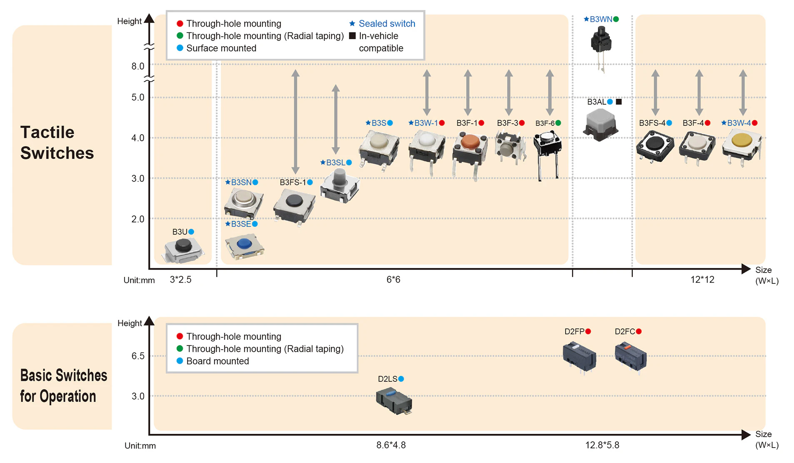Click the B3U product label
coord(180,232)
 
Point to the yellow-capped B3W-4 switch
coord(742,146)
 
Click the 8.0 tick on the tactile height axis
coord(138,66)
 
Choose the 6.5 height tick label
coord(138,356)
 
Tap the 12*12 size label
coord(702,280)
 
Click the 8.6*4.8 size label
coord(391,445)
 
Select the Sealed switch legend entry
coord(382,24)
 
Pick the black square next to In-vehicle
coord(352,36)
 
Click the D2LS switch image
coord(394,401)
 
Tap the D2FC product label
coord(624,331)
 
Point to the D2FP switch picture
coord(579,357)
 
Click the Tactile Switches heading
coord(57,143)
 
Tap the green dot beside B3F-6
coord(558,123)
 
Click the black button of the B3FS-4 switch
coord(655,143)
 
